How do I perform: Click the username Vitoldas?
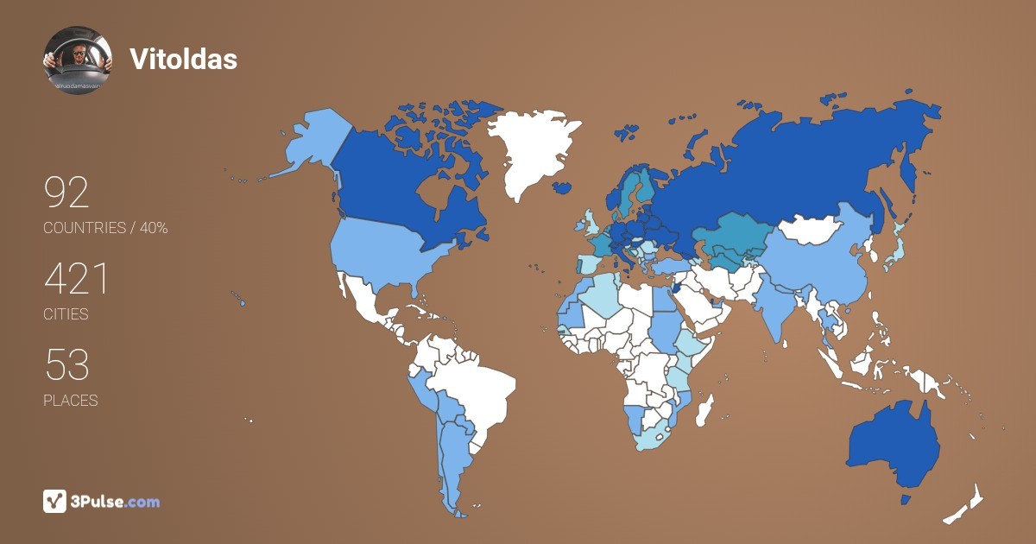[183, 59]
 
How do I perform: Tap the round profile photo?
[78, 60]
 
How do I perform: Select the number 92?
[66, 193]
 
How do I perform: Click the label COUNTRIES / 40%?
[105, 228]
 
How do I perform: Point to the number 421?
[76, 280]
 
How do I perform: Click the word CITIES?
[66, 314]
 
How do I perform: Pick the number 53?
[66, 366]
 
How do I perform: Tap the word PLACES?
[70, 401]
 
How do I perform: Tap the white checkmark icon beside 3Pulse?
[55, 501]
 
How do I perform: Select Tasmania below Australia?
[906, 499]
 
